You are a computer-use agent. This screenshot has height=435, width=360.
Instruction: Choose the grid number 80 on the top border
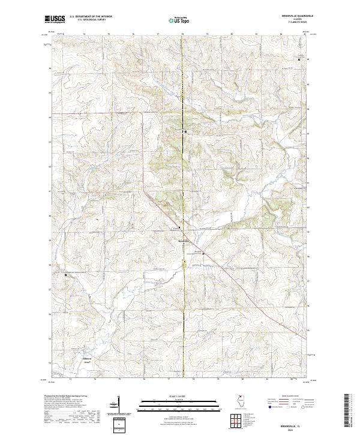tap(232, 34)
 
